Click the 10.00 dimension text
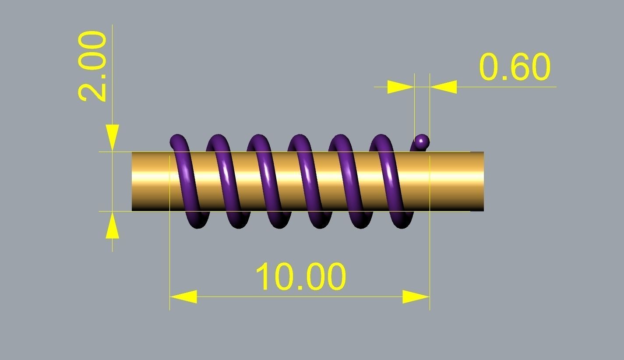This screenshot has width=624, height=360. click(300, 277)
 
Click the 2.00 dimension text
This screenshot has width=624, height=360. click(92, 66)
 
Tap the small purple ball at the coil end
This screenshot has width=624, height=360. click(422, 141)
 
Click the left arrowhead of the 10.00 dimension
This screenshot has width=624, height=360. click(183, 297)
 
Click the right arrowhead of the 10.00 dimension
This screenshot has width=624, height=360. click(416, 297)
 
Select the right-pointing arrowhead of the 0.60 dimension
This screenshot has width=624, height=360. click(401, 87)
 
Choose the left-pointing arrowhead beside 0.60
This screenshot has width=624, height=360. click(443, 87)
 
